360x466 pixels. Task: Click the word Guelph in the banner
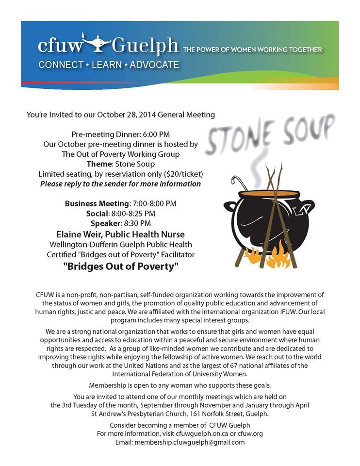point(145,48)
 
